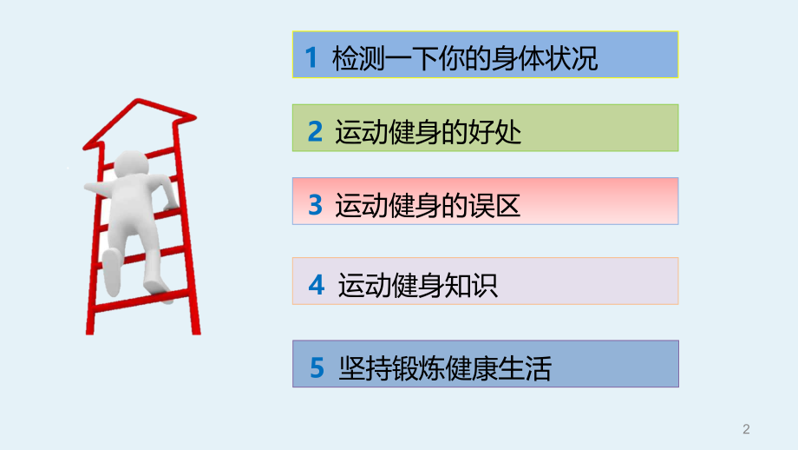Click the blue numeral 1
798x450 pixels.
coord(311,58)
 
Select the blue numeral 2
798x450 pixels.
coord(315,131)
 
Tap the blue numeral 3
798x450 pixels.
coord(315,205)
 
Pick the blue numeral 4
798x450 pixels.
coord(316,284)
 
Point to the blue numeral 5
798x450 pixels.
coord(317,370)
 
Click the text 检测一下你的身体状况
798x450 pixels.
coord(465,58)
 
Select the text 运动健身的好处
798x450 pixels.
coord(428,131)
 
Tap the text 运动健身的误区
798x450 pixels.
coord(428,205)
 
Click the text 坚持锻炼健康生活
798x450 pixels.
coord(444,370)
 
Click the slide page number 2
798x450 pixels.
coord(746,428)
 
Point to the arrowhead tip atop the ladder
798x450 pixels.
coord(149,103)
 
